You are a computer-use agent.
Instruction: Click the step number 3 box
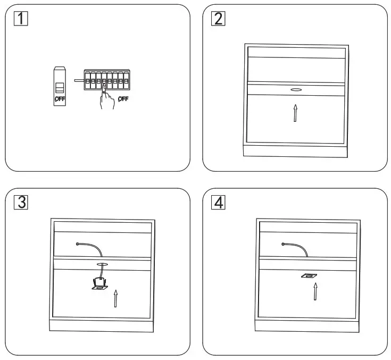20,202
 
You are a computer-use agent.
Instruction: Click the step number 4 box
218,202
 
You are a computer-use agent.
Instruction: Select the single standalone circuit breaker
60,86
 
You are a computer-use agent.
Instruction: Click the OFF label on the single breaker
60,99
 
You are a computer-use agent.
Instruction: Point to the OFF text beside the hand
123,98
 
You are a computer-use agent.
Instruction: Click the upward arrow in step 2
295,113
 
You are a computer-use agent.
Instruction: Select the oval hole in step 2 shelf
296,89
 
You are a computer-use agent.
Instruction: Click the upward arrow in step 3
115,298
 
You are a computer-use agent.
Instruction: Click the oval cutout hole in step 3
102,264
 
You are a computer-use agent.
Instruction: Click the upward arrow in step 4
315,291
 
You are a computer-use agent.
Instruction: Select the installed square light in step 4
308,276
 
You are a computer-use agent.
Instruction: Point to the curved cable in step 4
296,247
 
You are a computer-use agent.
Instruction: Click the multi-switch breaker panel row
107,81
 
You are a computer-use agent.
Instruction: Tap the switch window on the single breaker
60,87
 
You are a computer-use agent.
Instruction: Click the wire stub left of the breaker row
79,81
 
